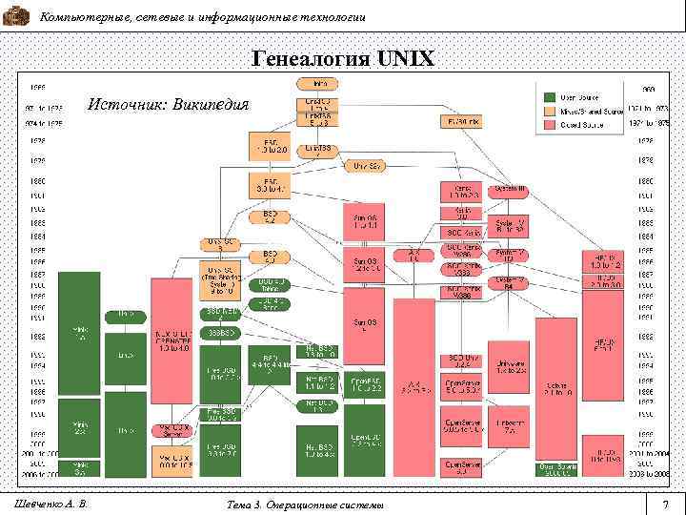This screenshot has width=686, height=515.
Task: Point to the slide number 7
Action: pos(664,505)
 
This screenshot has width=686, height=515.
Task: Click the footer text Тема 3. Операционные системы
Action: pos(306,504)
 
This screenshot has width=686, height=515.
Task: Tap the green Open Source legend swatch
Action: pos(550,97)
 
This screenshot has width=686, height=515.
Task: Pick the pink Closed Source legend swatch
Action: pos(550,124)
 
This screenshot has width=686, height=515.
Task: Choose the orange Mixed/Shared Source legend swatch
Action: pos(550,111)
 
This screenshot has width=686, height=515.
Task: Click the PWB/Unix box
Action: pos(463,122)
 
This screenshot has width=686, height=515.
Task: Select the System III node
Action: pos(510,190)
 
